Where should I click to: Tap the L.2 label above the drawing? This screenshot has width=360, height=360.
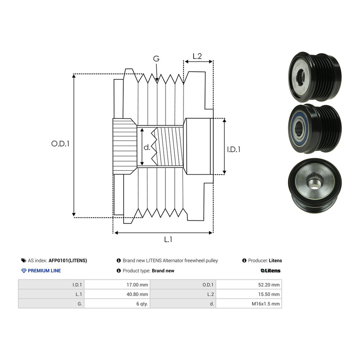197,56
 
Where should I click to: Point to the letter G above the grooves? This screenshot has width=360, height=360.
156,59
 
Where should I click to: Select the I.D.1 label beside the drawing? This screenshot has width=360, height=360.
233,149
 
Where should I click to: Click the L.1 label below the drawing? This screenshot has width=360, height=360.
168,239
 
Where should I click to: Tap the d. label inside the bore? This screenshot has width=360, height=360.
147,147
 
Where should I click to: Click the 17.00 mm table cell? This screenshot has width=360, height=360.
117,284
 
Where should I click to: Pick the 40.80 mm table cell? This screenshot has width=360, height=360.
117,294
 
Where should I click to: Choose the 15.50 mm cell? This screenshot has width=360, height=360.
249,294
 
